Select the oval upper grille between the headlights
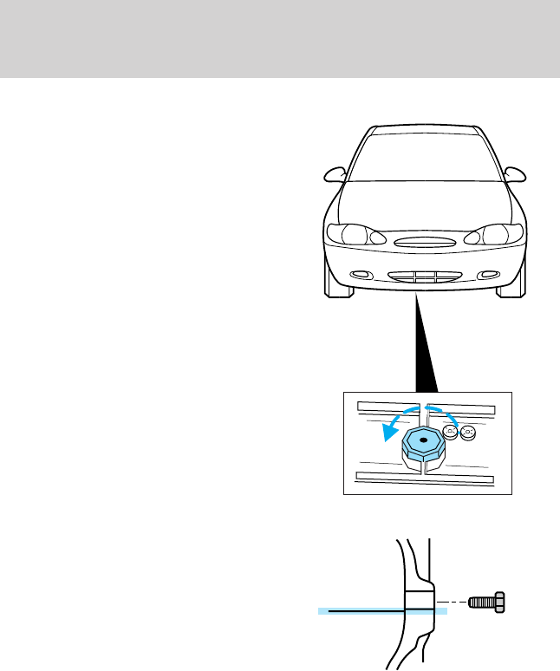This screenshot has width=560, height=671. tap(423, 243)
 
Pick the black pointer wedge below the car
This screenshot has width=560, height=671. tap(427, 347)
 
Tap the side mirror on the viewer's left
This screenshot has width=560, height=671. tap(334, 173)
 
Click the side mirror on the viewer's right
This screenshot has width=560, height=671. tap(515, 173)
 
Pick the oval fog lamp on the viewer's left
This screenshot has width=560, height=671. tap(356, 275)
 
